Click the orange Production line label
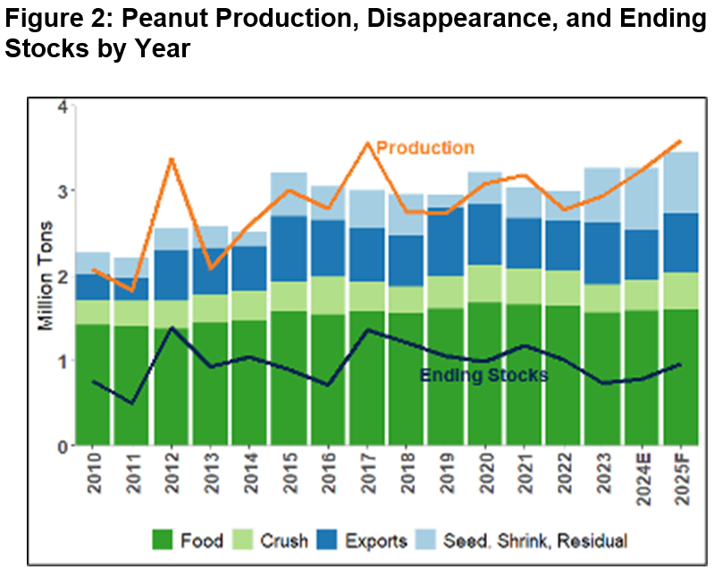click(x=425, y=148)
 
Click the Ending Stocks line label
click(x=483, y=375)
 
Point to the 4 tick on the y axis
click(x=62, y=106)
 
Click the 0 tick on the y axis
click(x=62, y=446)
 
